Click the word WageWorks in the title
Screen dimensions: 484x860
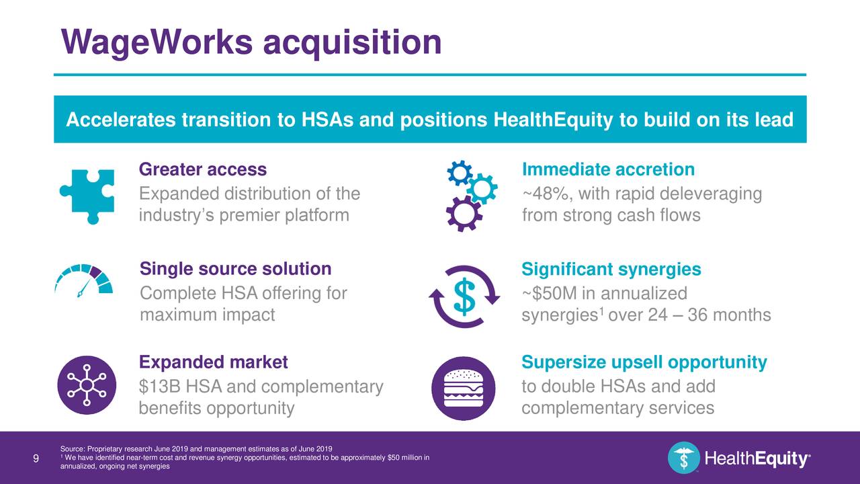157,42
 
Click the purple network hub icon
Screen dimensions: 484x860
87,385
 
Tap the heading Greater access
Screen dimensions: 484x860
202,169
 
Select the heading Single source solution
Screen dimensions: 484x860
235,270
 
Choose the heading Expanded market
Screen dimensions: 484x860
213,363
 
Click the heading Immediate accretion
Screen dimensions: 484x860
608,170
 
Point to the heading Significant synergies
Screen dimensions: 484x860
611,270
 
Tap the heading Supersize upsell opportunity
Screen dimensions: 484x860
644,364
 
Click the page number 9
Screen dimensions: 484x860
36,459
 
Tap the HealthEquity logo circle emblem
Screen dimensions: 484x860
683,458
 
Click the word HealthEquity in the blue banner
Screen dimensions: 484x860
552,121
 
